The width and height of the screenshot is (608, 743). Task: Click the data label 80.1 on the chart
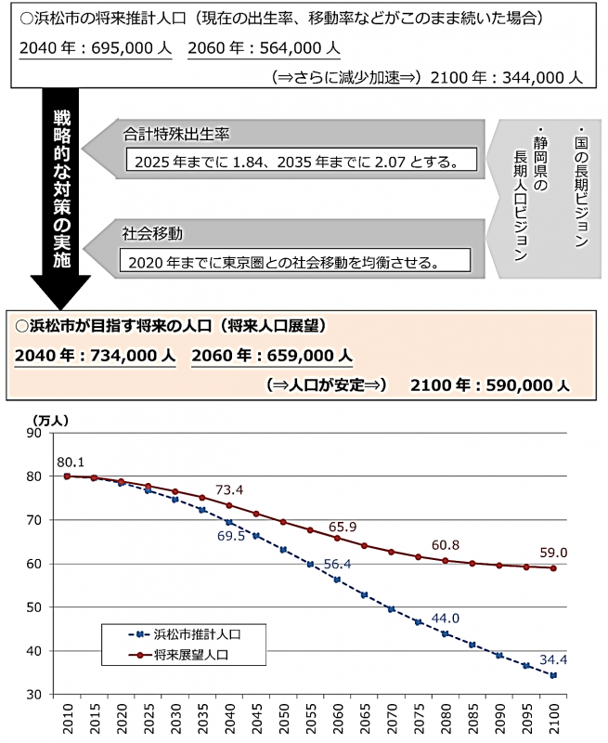coord(71,462)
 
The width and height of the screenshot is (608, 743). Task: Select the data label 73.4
coord(229,489)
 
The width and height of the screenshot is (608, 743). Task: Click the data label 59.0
coord(553,553)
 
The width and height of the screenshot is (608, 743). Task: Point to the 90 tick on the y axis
coord(34,433)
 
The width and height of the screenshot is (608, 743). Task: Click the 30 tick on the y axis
coord(34,695)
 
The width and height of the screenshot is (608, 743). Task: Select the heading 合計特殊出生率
coord(176,134)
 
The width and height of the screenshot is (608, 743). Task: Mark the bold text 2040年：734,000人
coord(95,356)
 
